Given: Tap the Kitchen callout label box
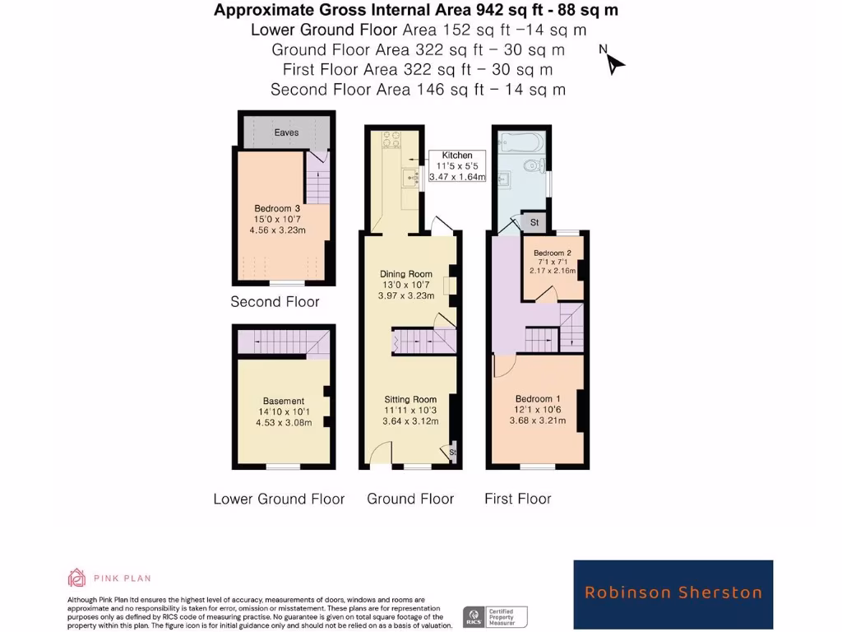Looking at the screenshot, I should [x=457, y=166].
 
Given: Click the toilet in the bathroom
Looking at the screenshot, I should [x=533, y=165].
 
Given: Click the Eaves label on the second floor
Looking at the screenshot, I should [x=286, y=132].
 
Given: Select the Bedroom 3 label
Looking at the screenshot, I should [x=277, y=219].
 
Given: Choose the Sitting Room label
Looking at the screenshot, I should [x=410, y=409].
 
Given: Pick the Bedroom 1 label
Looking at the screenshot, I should [x=538, y=409].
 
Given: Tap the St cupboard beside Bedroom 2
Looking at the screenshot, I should [x=534, y=223].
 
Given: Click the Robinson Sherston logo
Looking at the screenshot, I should [x=673, y=592].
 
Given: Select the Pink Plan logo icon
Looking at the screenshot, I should [x=76, y=578].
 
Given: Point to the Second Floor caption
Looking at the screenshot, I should [x=275, y=302].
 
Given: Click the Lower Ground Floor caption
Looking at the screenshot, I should [x=279, y=499].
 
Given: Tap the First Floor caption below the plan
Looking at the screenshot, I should [x=517, y=499].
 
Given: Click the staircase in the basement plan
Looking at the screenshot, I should [x=284, y=342].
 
